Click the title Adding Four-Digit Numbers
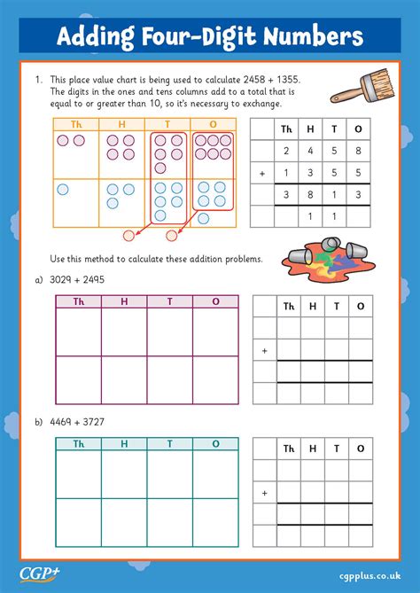pos(209,35)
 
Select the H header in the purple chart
pos(123,302)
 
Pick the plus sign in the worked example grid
pos(262,174)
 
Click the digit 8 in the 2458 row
pos(358,151)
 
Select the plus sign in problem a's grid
pos(264,351)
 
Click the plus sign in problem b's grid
pos(264,492)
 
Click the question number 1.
pos(39,80)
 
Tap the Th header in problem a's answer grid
pos(287,307)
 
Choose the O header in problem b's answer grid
pos(360,448)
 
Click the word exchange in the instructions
pos(261,104)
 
